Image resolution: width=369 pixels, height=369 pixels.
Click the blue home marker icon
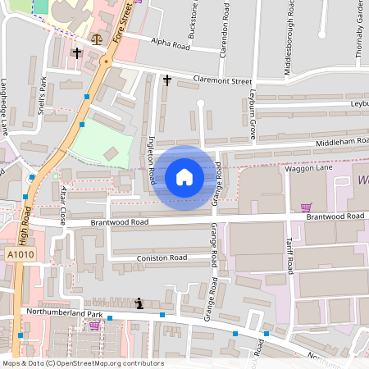184,176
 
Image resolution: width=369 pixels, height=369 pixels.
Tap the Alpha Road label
171,45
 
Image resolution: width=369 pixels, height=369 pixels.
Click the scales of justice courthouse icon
98,39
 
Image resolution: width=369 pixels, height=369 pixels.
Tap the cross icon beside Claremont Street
167,80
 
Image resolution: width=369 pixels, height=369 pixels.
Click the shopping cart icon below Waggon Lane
306,207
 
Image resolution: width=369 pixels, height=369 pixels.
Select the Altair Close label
63,204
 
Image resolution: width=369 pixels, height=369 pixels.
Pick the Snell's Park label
42,94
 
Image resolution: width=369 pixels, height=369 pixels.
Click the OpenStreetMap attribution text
83,363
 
